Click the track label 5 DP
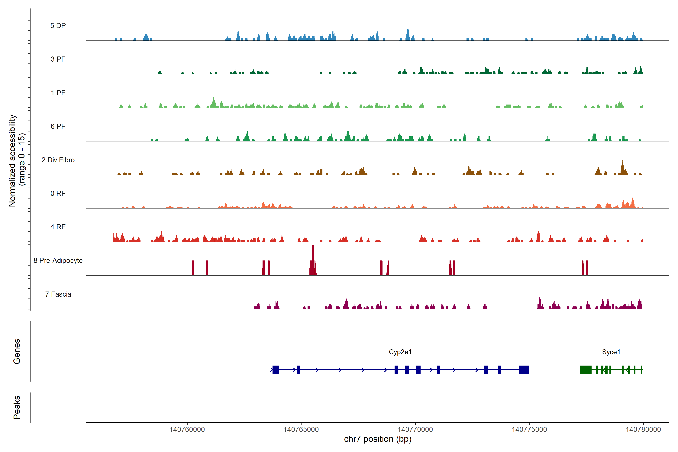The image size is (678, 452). (x=58, y=26)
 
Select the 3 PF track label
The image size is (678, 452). (x=58, y=59)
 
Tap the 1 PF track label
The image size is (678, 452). (x=58, y=93)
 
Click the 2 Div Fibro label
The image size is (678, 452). (x=58, y=160)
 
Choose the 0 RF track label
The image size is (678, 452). (x=58, y=193)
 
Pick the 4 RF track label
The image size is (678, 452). (x=58, y=227)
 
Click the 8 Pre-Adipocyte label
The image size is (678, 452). (x=58, y=261)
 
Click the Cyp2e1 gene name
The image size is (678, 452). (x=400, y=352)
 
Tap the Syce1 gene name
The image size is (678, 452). (x=611, y=352)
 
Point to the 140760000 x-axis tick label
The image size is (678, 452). (x=187, y=429)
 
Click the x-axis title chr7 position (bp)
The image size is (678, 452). (x=378, y=439)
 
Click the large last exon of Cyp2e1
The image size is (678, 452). (x=524, y=370)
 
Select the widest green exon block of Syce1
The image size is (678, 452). (x=586, y=370)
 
